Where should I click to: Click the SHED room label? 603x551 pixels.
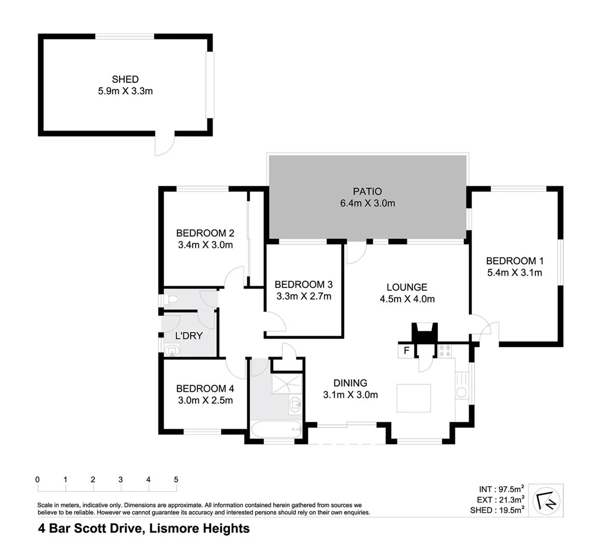coord(125,79)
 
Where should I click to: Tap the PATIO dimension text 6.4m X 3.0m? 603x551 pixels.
coord(367,203)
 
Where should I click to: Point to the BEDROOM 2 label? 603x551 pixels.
coord(205,233)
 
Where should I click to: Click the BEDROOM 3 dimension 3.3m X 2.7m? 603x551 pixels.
coord(303,296)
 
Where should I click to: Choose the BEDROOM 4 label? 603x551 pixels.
coord(205,388)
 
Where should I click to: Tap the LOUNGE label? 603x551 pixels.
coord(406,287)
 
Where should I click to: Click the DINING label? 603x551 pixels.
coord(350,383)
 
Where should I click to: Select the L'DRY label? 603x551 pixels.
coord(189,336)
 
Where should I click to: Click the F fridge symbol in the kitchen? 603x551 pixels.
coord(406,350)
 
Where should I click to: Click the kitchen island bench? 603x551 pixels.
coord(414,398)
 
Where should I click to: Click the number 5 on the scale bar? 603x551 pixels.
coord(176,480)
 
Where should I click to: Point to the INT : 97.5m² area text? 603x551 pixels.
coord(502,490)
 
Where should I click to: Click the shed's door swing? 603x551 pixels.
coord(164,145)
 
